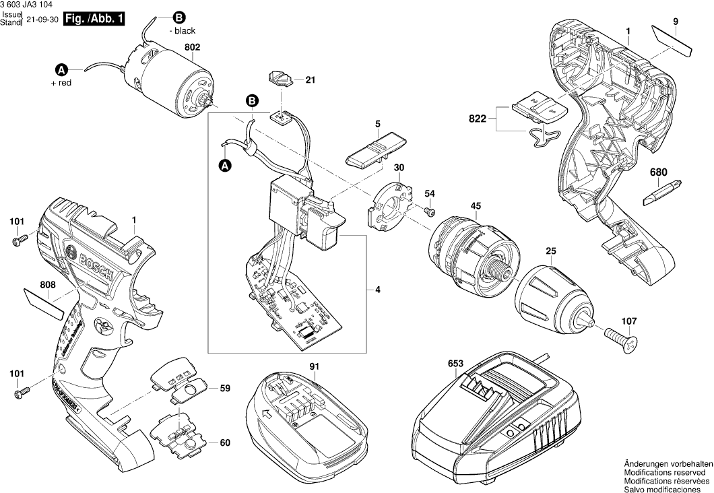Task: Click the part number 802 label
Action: pos(192,47)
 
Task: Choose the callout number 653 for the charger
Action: pos(455,364)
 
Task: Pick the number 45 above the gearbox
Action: pos(476,206)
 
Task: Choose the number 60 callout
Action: pos(225,442)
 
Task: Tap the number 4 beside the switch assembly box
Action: pos(378,290)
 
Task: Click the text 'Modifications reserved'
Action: pos(667,473)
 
